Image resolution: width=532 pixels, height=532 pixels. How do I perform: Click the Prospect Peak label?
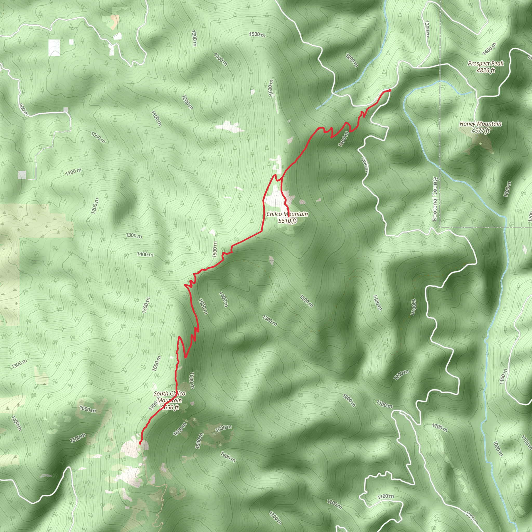pos(486,64)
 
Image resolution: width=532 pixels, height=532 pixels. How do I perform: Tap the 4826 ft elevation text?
pos(486,70)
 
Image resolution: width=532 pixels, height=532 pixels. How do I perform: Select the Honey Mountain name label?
pos(481,124)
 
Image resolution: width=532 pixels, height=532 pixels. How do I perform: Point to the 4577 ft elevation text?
pos(481,131)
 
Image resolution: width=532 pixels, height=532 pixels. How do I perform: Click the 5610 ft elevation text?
pos(287,221)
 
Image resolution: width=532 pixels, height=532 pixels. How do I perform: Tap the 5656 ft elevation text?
pos(170,408)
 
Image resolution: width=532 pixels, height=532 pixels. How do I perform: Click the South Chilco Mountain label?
pos(170,397)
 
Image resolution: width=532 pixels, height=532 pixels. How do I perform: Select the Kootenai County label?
pos(435,198)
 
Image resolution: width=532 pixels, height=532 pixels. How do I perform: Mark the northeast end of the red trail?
pos(389,90)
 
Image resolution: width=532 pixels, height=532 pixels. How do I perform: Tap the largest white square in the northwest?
pos(54,48)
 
